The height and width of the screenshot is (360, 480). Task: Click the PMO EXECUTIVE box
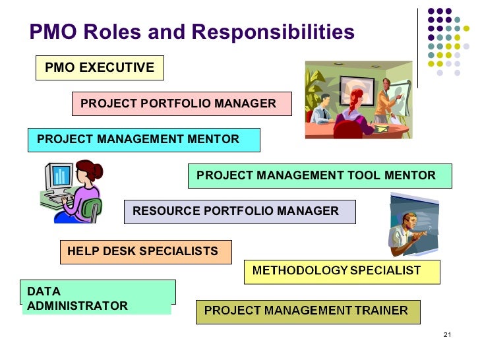pos(100,67)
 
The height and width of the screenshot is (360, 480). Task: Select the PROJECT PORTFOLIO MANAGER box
pos(181,104)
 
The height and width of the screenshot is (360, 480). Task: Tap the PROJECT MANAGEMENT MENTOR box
pos(144,139)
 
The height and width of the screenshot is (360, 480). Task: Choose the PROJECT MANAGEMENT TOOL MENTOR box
pos(320,175)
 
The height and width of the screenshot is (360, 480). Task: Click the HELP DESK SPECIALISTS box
pos(146,251)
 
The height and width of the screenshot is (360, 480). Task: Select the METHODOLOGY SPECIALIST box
pos(342,271)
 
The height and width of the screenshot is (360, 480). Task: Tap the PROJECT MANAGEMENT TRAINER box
pos(308,311)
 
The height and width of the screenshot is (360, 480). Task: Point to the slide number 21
pos(447,336)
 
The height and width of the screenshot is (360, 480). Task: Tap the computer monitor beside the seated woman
pos(59,177)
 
